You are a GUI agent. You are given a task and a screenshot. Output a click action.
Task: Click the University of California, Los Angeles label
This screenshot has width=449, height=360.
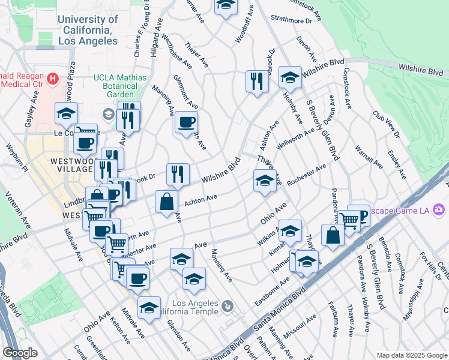click(88, 30)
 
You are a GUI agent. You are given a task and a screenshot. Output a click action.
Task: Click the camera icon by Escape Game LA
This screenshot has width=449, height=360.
click(439, 209)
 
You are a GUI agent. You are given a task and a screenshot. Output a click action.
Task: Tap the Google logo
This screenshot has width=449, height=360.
click(20, 352)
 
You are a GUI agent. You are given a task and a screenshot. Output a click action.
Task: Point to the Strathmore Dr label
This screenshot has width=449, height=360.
click(292, 20)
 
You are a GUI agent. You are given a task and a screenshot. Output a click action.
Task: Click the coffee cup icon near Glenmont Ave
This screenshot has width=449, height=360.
click(185, 122)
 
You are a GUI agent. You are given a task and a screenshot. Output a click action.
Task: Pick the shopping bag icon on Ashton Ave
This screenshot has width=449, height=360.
click(166, 202)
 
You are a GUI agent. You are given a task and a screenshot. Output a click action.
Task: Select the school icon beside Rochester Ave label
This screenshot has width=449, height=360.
click(265, 180)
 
